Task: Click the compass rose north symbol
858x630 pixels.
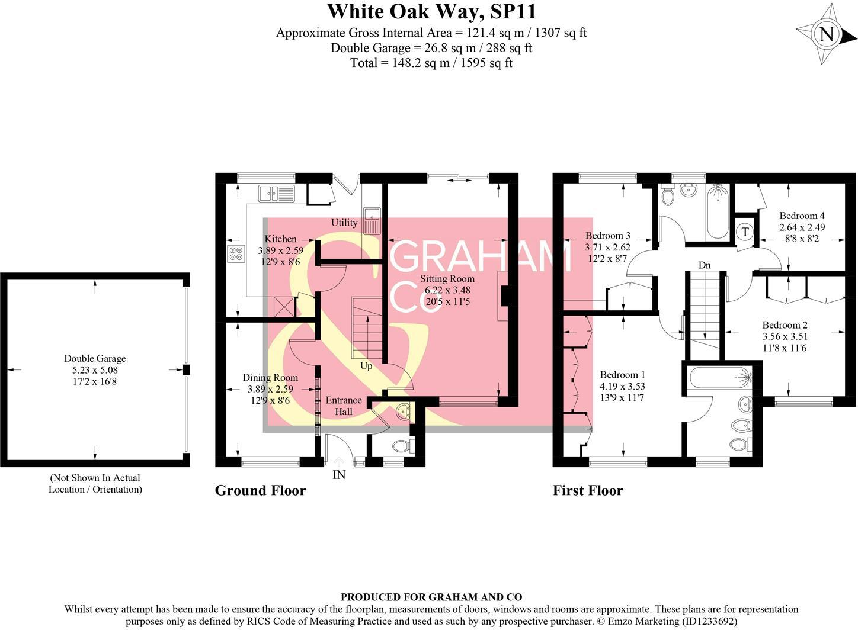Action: [x=826, y=34]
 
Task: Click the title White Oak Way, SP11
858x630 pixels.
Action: [x=431, y=11]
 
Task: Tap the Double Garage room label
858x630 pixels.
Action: [x=95, y=358]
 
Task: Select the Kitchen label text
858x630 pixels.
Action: [x=280, y=239]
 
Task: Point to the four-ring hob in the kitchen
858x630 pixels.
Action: [x=235, y=253]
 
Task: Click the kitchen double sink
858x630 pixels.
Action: [x=276, y=192]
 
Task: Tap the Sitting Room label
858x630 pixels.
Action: [x=447, y=279]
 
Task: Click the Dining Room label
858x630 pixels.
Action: [x=270, y=378]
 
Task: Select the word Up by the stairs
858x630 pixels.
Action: [x=366, y=366]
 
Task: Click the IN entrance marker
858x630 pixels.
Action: [x=339, y=474]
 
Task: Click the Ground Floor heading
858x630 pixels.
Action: [x=260, y=490]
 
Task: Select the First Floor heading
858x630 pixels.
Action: [x=587, y=490]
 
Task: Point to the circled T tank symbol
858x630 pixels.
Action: [x=745, y=232]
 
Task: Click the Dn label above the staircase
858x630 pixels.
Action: [x=704, y=265]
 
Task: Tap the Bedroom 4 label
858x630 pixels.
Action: [x=802, y=216]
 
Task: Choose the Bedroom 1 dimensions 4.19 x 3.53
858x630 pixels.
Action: [x=622, y=386]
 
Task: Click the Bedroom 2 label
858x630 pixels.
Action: [x=785, y=325]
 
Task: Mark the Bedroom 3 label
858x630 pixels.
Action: [x=607, y=236]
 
